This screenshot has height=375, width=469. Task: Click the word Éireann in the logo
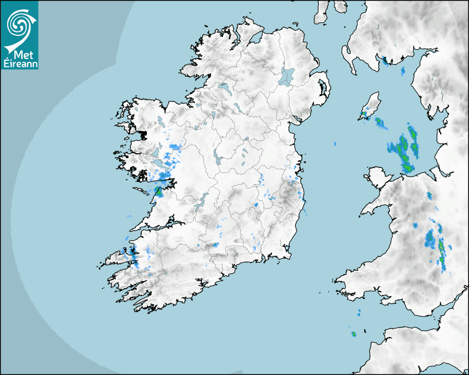click(19, 62)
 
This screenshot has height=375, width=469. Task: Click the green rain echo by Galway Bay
click(159, 192)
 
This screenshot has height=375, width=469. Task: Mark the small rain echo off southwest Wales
click(353, 334)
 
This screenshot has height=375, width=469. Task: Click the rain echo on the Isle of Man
click(364, 115)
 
